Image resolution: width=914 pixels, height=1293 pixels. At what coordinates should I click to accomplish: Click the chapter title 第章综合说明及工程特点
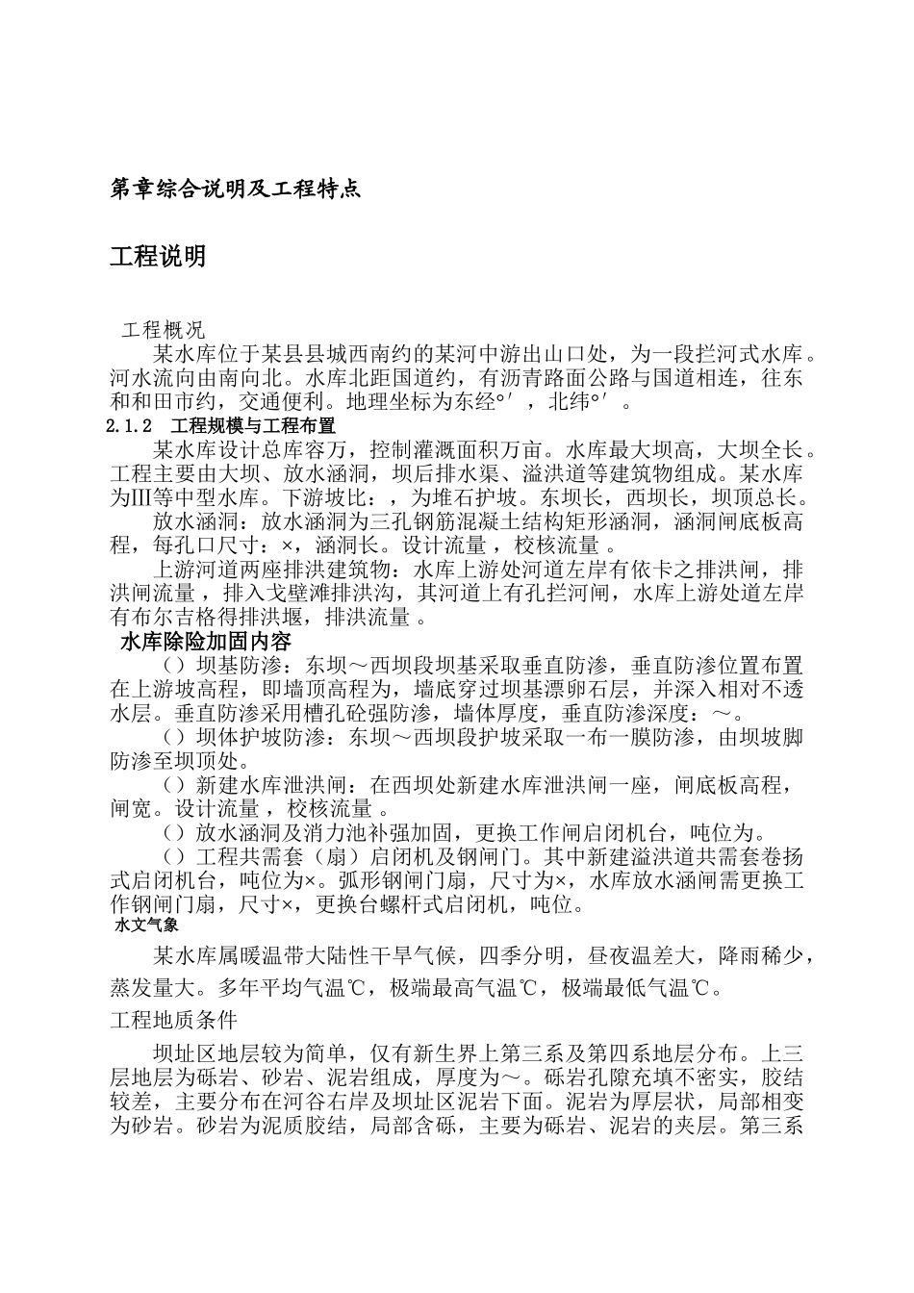coord(236,190)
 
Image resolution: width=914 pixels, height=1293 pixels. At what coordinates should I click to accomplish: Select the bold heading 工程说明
coord(158,257)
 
